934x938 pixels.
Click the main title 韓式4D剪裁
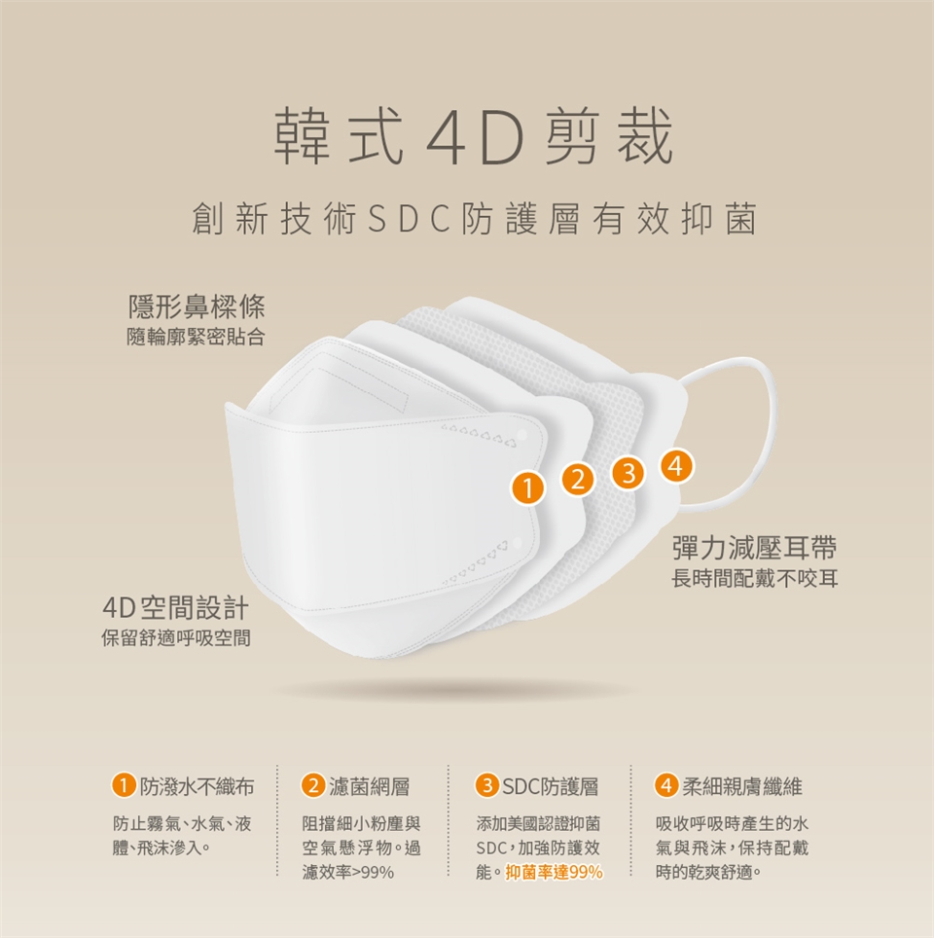(x=474, y=136)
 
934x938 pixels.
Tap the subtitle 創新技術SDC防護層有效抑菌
(x=474, y=219)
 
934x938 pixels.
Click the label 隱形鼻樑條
(x=197, y=307)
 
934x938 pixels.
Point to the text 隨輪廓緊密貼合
(x=196, y=338)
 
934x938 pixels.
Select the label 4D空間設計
(x=176, y=608)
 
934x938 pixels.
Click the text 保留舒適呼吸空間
(x=176, y=638)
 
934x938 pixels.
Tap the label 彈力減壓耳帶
(x=755, y=548)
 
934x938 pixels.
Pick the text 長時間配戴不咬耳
(x=755, y=579)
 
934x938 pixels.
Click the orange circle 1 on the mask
(x=527, y=488)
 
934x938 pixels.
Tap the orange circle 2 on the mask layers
(x=577, y=480)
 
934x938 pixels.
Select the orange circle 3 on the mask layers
(x=628, y=473)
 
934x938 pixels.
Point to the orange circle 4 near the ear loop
(x=677, y=465)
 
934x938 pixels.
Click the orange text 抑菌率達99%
(x=554, y=873)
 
